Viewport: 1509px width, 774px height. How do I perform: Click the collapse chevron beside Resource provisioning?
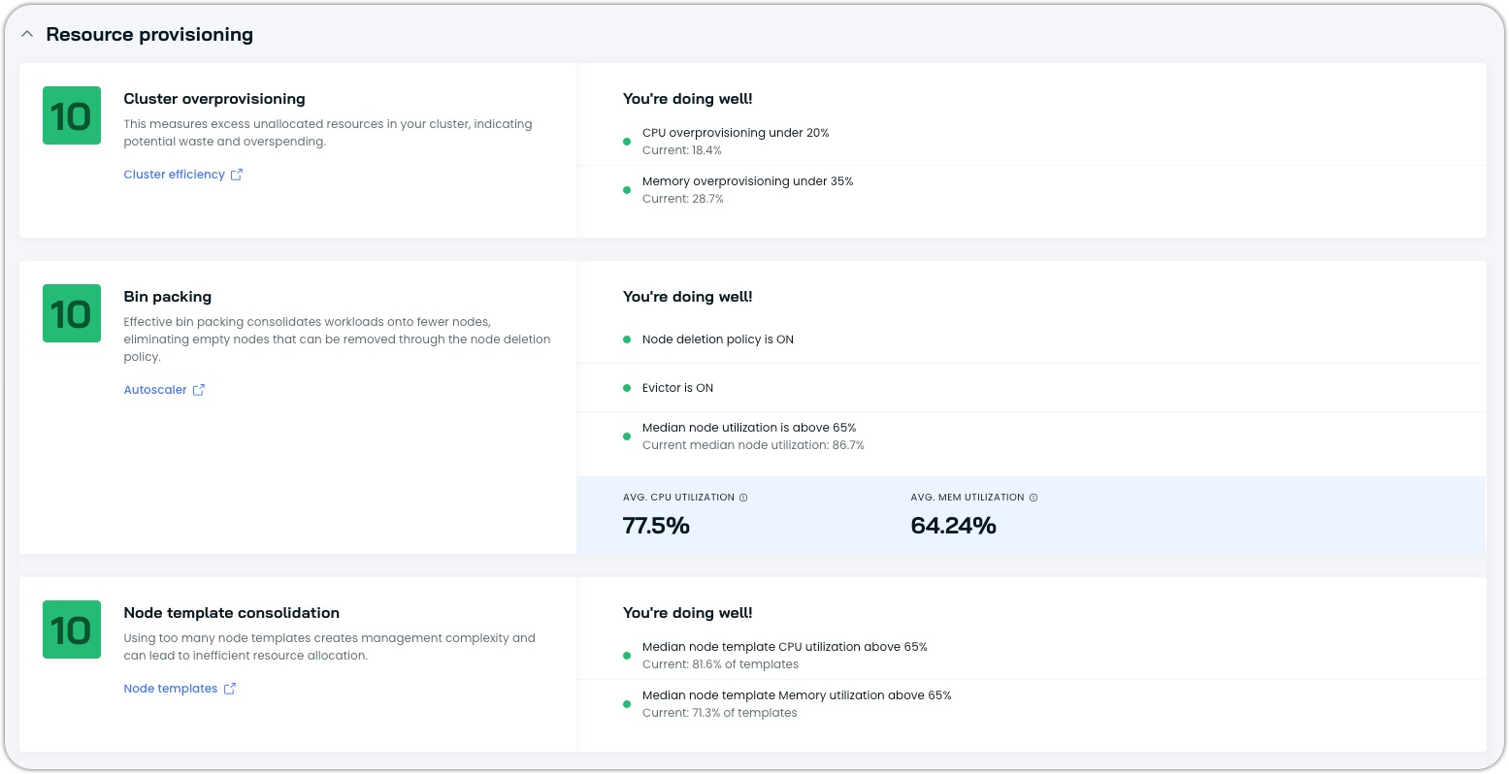[27, 34]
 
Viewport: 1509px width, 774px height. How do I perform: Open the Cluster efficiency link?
[174, 175]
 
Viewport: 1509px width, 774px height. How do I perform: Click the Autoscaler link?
[155, 390]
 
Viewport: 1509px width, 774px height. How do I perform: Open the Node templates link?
[171, 689]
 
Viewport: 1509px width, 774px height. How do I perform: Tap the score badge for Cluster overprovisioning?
[72, 116]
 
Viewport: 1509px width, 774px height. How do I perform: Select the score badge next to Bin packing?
[72, 313]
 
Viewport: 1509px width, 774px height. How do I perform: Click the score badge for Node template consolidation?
[72, 629]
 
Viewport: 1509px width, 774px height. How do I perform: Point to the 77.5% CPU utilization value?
[656, 526]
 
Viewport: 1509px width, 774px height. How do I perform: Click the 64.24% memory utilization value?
[953, 526]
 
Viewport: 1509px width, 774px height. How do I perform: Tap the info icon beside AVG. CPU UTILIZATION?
[744, 498]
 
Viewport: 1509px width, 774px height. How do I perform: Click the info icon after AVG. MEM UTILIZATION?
[1033, 498]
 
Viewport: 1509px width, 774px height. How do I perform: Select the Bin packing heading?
[167, 297]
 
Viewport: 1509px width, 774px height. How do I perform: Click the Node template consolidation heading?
[231, 613]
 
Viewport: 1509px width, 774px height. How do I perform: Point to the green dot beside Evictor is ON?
[627, 388]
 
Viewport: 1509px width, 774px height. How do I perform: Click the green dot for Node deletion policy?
[627, 339]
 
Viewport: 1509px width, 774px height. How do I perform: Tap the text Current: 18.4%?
[681, 150]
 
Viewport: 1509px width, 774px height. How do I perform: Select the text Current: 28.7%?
[682, 199]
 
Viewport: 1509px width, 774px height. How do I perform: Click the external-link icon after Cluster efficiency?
[237, 175]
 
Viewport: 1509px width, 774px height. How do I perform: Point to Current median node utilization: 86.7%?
[753, 445]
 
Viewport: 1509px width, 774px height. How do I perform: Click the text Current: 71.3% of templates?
[719, 713]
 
